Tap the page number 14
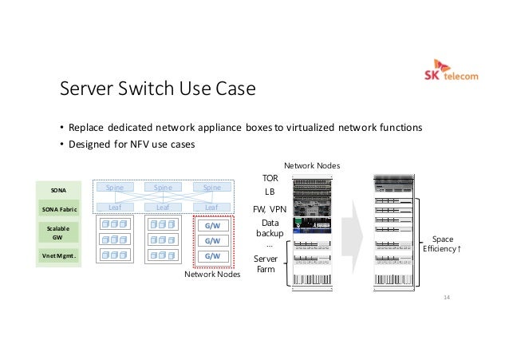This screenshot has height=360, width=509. (x=446, y=297)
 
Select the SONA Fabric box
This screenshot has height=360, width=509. (x=58, y=209)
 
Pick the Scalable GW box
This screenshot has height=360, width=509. (x=58, y=232)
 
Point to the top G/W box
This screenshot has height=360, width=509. (x=212, y=226)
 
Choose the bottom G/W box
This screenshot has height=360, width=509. (x=212, y=255)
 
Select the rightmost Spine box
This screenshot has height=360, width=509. (x=211, y=188)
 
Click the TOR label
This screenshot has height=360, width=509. (x=270, y=178)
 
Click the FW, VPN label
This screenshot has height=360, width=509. (x=270, y=209)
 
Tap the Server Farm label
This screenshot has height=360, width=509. (x=266, y=264)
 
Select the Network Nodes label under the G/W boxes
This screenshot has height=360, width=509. (x=212, y=274)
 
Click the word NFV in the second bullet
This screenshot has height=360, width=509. (x=140, y=144)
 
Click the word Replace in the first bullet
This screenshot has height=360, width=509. (x=85, y=127)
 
